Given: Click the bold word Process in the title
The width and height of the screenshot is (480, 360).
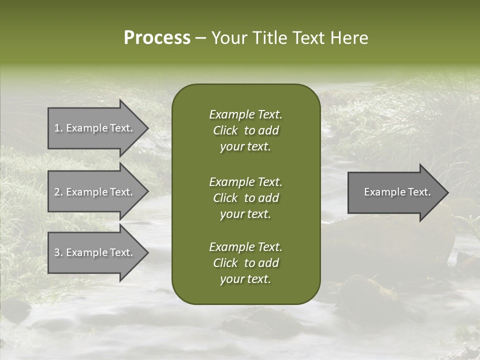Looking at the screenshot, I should pos(157,38).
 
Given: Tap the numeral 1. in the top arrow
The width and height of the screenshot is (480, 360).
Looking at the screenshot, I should pos(58,128).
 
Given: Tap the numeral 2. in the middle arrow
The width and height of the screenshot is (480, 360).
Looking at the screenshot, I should pos(58,192).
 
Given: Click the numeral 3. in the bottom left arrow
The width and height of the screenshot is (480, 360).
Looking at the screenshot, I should pos(58,253).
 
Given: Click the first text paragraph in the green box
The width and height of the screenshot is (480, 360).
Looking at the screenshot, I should pos(245,130).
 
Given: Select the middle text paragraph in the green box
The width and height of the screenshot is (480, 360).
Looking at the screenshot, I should pos(245,198).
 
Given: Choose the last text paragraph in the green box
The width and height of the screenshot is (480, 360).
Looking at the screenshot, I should pos(245,263).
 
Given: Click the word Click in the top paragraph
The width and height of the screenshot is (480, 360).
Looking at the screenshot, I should pos(225,130).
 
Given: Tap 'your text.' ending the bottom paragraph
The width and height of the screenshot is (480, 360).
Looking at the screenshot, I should pos(245,279).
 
